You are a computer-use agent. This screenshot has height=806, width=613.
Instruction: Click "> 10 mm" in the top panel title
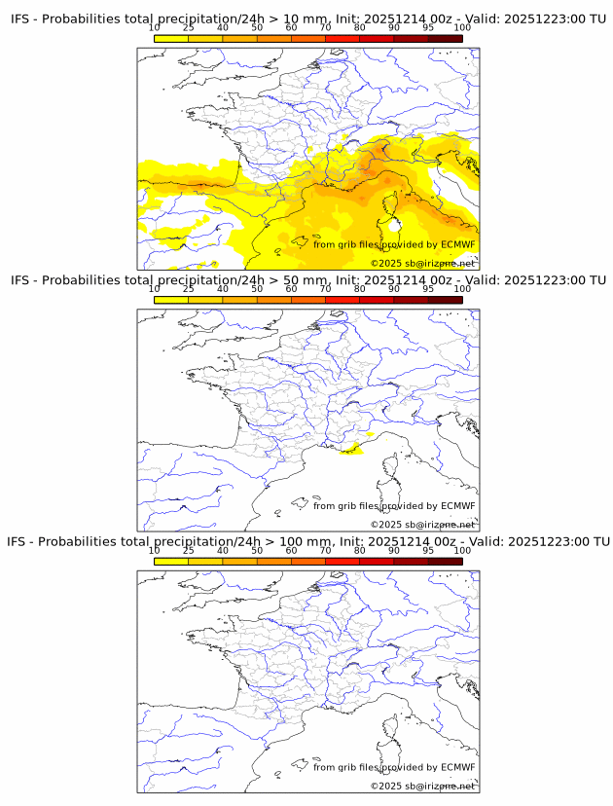(x=292, y=19)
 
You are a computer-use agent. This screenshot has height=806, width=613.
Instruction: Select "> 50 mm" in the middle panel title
(x=292, y=280)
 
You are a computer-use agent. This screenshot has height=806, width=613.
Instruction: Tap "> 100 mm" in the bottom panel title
(x=294, y=541)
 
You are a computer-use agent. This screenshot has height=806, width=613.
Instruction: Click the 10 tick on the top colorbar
(x=155, y=28)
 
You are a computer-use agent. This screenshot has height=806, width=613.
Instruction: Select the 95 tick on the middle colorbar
(x=428, y=289)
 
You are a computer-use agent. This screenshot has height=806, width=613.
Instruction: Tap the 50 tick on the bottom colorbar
(x=257, y=550)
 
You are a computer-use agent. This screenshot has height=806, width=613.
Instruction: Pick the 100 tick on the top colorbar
(x=462, y=28)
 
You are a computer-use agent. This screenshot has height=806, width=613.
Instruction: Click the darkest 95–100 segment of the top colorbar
(x=445, y=38)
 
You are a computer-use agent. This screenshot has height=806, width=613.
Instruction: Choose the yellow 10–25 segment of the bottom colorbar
(x=171, y=561)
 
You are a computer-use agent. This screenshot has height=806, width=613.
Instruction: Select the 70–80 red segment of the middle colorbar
(x=343, y=300)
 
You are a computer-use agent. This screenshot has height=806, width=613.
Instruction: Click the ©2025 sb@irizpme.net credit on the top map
(x=422, y=264)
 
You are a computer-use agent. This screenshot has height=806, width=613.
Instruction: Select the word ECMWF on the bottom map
(x=458, y=767)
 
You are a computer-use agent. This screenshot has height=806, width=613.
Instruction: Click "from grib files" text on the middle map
(x=344, y=506)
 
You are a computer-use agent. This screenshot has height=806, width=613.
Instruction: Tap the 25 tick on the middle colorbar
(x=189, y=289)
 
